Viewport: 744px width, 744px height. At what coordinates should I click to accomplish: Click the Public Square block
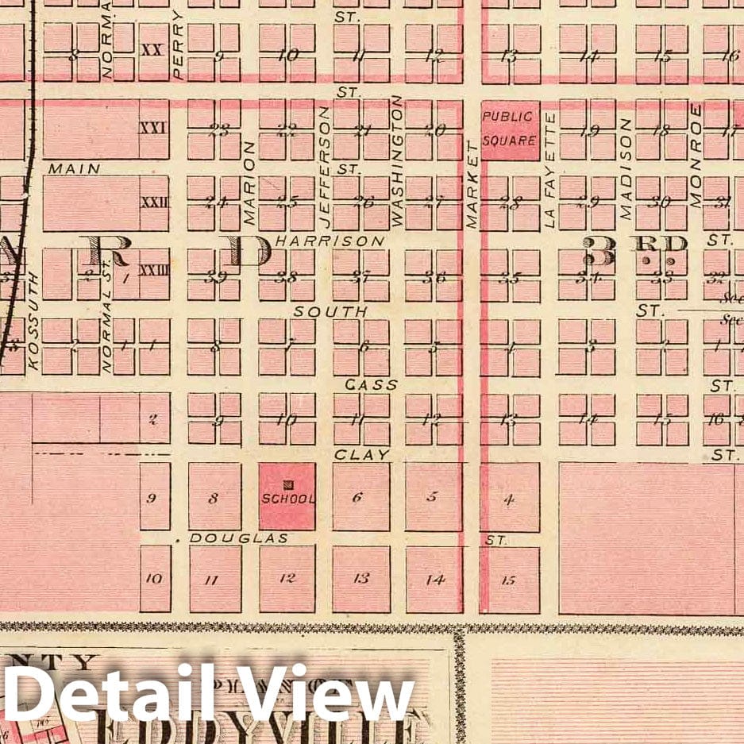click(509, 131)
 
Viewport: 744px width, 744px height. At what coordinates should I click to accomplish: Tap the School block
click(287, 497)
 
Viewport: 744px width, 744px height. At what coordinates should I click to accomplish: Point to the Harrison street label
click(330, 241)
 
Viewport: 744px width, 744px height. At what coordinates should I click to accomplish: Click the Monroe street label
click(696, 156)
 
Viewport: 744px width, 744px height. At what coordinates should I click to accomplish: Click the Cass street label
click(360, 384)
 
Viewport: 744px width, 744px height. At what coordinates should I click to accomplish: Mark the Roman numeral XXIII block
click(154, 270)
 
